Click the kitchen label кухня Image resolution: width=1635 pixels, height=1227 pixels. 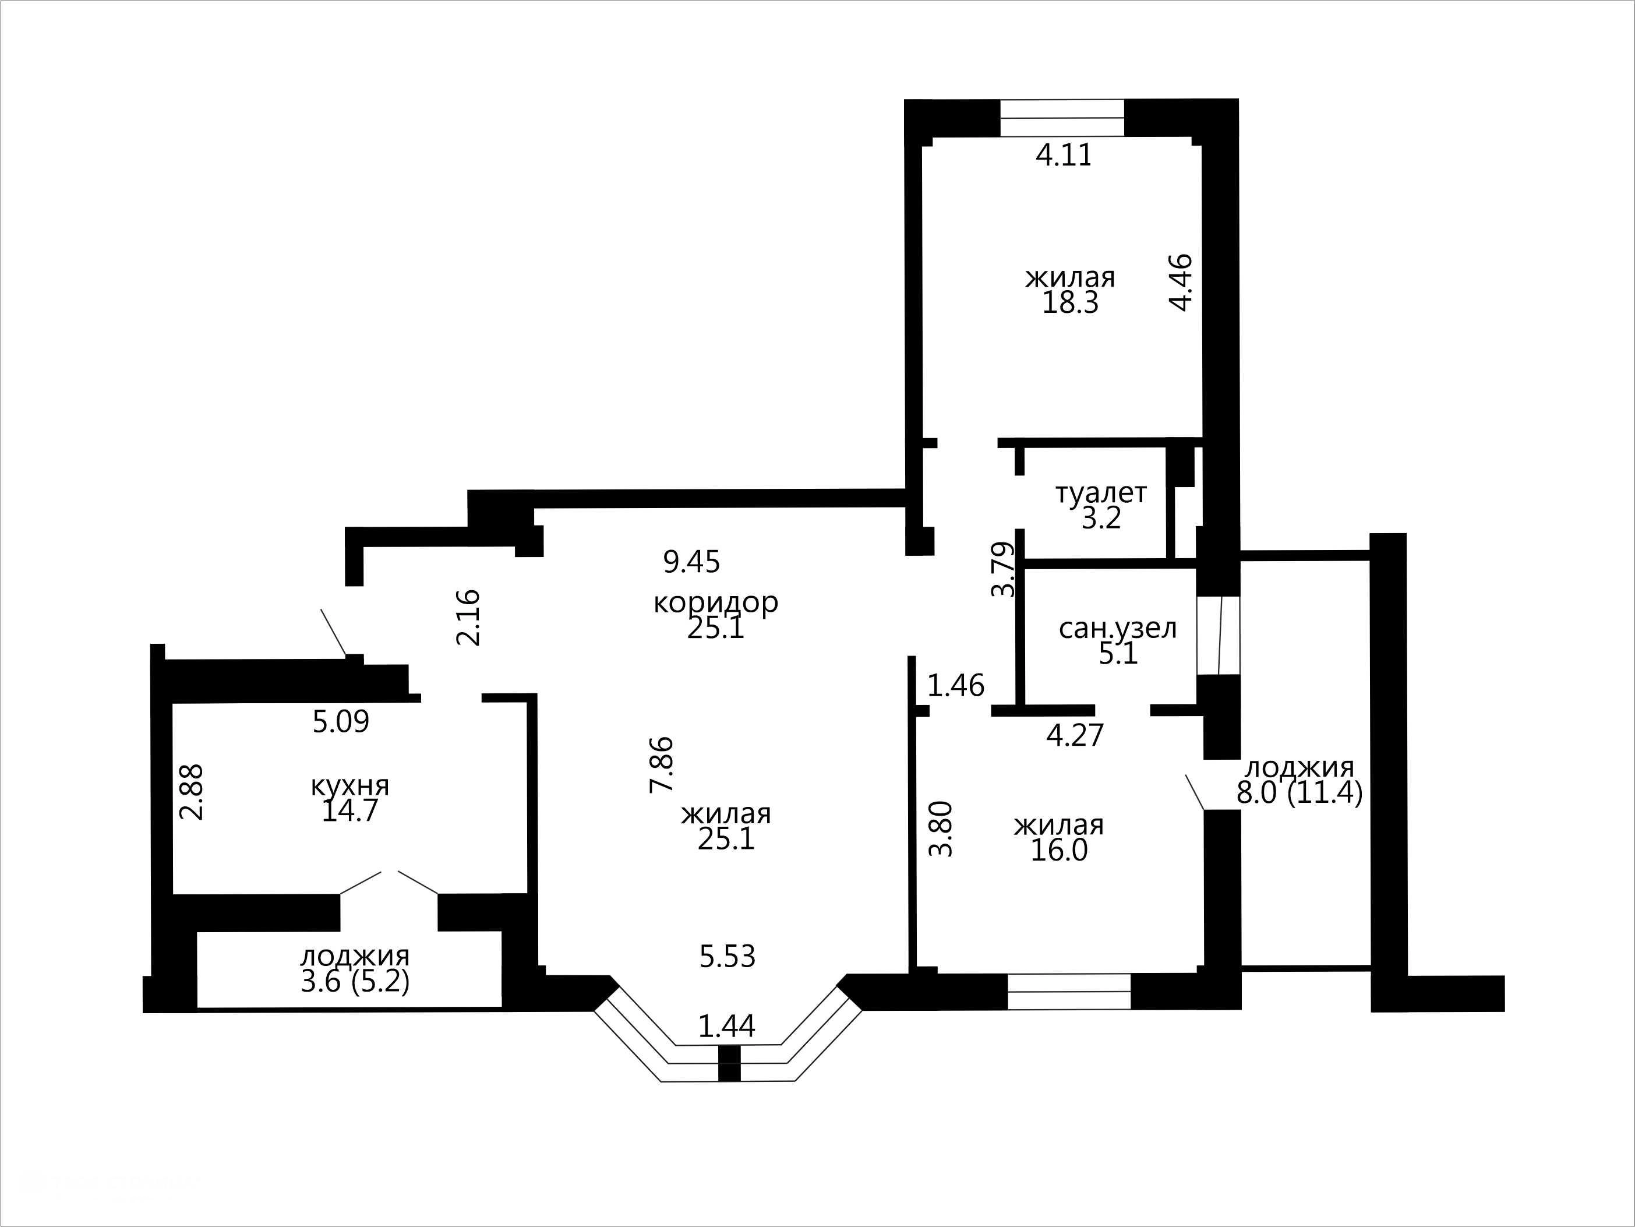[349, 786]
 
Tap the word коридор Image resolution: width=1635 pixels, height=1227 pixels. [715, 602]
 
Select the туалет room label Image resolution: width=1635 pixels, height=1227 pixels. [1101, 493]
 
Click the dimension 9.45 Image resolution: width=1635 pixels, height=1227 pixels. [691, 562]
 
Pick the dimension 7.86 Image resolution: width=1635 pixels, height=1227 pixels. [662, 764]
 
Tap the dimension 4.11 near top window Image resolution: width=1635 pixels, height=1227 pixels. [1064, 155]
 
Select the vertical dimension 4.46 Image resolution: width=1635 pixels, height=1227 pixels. [1181, 283]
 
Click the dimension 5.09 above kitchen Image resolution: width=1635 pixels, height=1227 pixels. [341, 721]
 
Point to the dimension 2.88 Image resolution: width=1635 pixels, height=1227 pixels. [192, 792]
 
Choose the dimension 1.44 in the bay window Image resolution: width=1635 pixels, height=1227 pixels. [728, 1026]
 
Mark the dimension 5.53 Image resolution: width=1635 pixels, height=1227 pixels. [728, 957]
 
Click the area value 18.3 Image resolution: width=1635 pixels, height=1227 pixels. [1070, 303]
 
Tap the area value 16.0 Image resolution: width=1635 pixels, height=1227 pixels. [1059, 851]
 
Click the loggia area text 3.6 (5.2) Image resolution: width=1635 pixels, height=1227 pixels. [355, 982]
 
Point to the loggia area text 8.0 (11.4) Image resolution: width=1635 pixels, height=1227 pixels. [1299, 793]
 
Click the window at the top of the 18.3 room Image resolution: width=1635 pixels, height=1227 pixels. [1062, 118]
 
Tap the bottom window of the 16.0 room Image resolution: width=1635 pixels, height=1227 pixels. [1069, 992]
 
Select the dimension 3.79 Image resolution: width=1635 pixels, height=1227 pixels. [1003, 569]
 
